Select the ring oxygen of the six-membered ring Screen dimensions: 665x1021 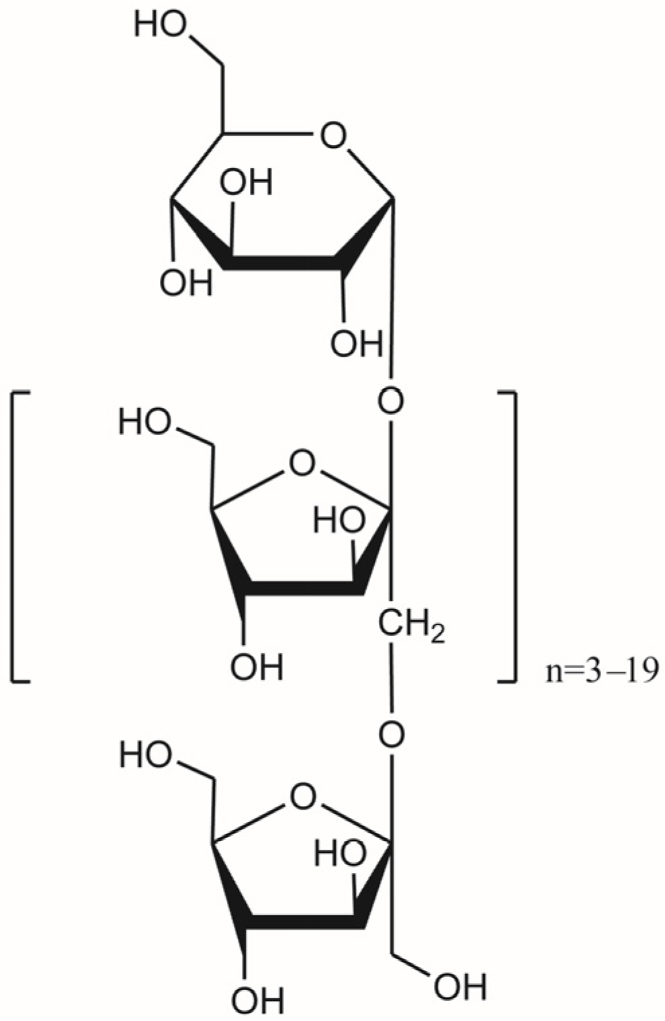point(332,136)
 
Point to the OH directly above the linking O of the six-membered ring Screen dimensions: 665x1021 point(356,345)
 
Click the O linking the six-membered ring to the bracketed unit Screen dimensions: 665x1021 point(391,402)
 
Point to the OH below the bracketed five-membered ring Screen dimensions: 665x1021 point(257,668)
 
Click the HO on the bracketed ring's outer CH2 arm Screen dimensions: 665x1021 point(145,423)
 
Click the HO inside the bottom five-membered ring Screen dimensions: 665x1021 point(341,854)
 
